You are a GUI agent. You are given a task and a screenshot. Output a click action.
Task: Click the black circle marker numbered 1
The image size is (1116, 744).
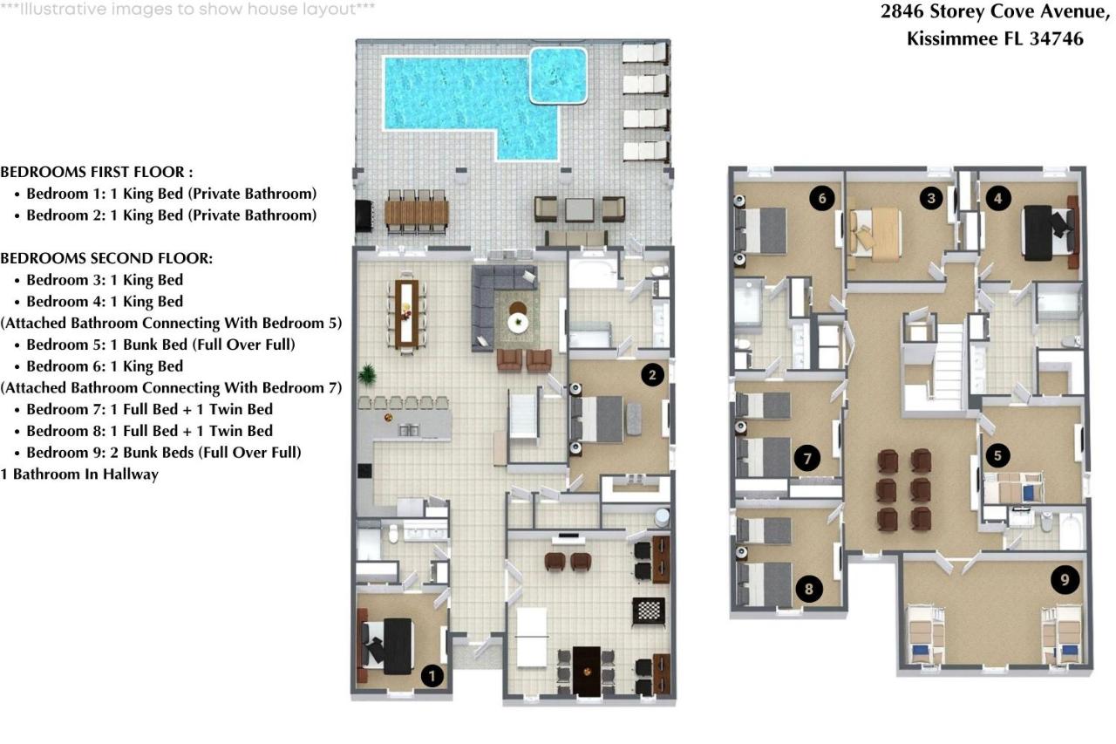pyautogui.click(x=432, y=674)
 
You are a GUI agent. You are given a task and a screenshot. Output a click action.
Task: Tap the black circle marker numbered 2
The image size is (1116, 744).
pyautogui.click(x=652, y=375)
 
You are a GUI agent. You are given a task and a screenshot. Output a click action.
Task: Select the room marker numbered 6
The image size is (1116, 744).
pyautogui.click(x=820, y=198)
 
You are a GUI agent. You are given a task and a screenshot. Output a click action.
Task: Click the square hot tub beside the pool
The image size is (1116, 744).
pyautogui.click(x=559, y=75)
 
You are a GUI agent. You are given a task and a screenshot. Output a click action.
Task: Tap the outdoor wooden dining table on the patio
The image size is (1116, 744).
pyautogui.click(x=417, y=212)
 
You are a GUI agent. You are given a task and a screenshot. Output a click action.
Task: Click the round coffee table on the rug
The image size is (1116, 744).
pyautogui.click(x=520, y=322)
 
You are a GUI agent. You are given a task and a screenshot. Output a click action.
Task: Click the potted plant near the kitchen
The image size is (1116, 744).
pyautogui.click(x=367, y=374)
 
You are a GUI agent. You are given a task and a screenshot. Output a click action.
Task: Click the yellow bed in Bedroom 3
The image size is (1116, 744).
pyautogui.click(x=877, y=233)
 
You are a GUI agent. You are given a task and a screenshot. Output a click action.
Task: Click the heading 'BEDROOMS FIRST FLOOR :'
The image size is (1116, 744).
pyautogui.click(x=97, y=172)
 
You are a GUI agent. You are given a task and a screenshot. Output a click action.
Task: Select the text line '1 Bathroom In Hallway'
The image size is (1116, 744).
pyautogui.click(x=79, y=474)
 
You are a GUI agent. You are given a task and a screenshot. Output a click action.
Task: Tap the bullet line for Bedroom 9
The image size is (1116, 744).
pyautogui.click(x=163, y=453)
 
